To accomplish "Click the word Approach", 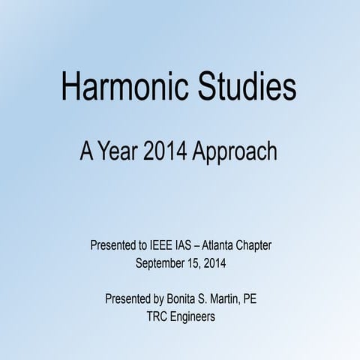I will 235,152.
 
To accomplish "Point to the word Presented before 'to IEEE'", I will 115,245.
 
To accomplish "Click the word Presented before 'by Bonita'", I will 130,299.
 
